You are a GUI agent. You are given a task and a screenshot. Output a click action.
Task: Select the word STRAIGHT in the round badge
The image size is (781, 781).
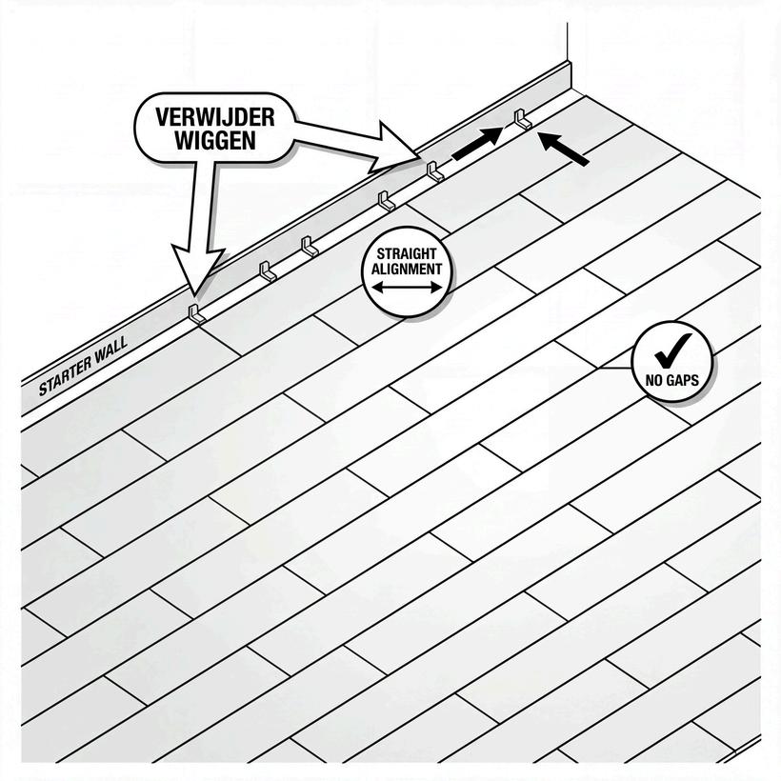pos(407,254)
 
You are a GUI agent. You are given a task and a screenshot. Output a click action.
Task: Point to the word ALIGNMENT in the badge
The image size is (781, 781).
pos(407,269)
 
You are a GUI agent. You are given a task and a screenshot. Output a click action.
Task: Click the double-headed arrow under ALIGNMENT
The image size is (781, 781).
pos(407,285)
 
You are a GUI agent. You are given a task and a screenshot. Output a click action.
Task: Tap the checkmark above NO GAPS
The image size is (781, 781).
pos(671,350)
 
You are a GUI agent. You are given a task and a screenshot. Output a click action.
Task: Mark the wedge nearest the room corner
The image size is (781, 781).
pos(522,119)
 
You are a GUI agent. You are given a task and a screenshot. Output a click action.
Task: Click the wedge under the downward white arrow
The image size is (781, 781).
pos(196,313)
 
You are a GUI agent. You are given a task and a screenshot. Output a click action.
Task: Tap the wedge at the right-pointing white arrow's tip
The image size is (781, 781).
pos(435,172)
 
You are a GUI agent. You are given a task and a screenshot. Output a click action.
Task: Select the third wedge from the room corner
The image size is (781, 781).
pos(386,201)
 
